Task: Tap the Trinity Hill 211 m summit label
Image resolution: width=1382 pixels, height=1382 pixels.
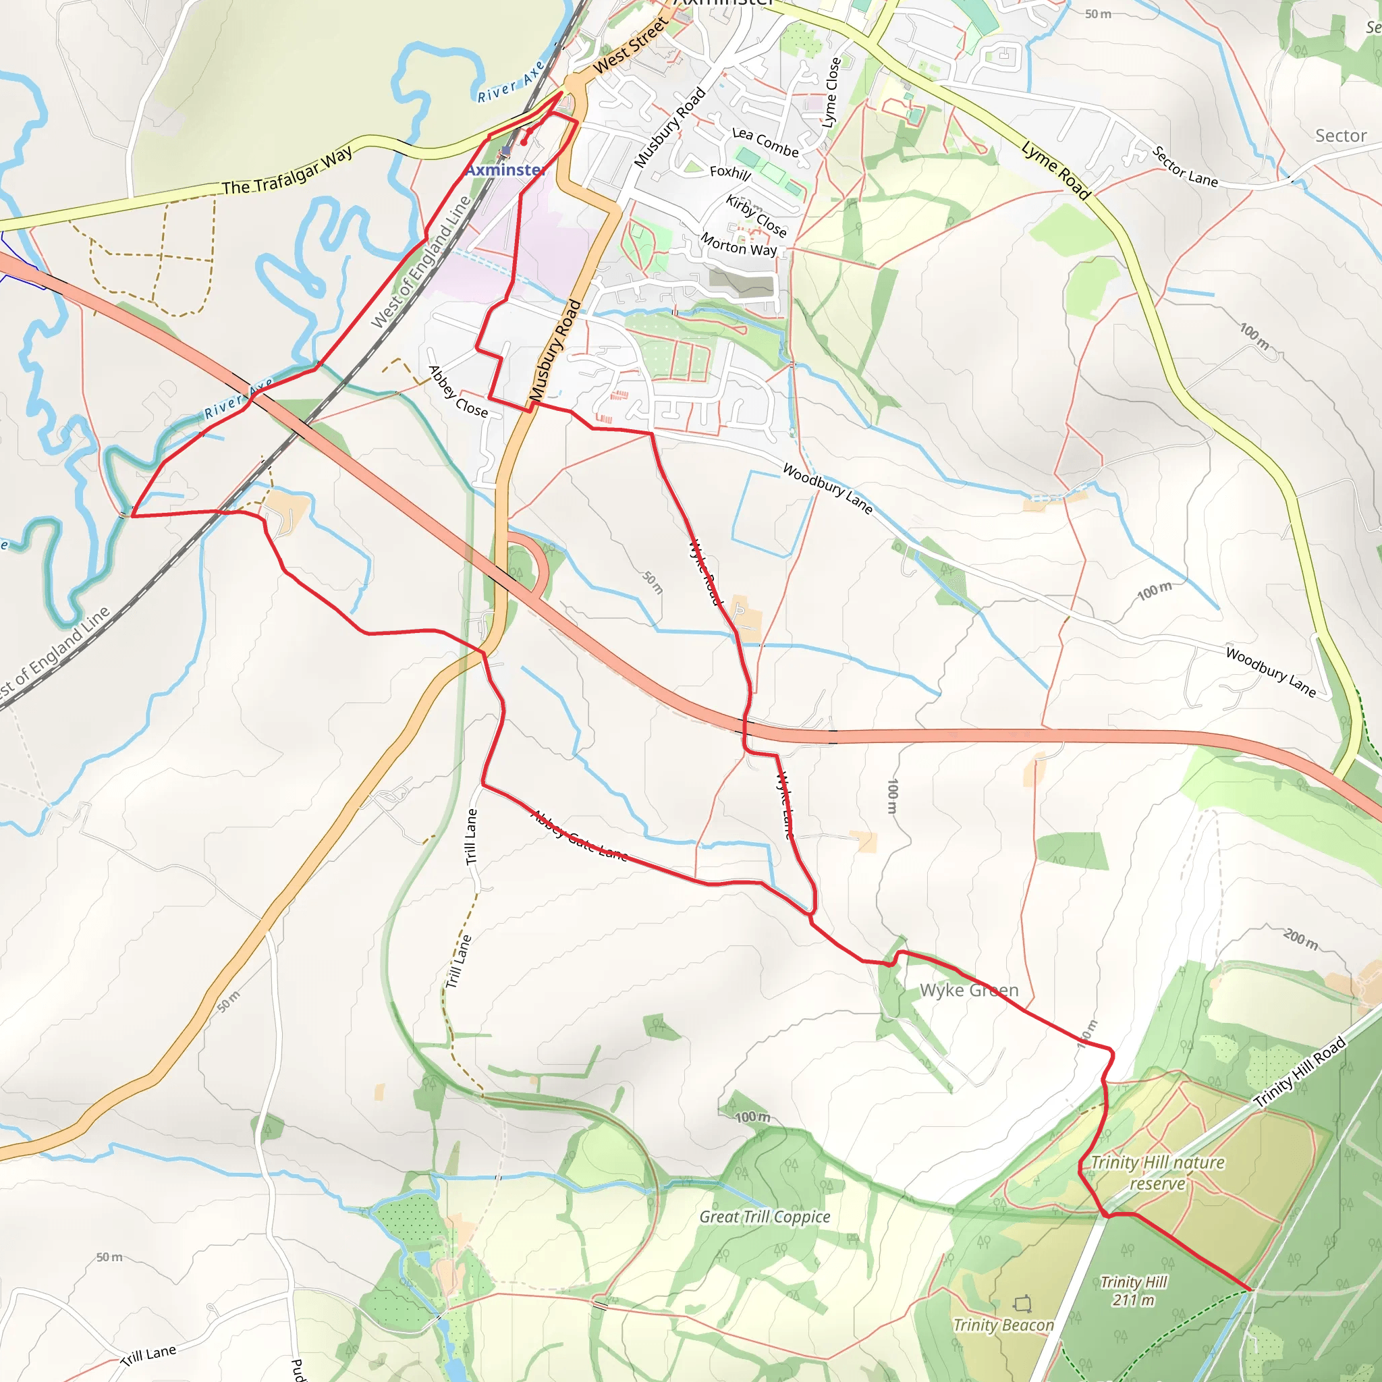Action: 1134,1291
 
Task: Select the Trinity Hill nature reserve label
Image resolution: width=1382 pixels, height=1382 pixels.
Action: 1157,1173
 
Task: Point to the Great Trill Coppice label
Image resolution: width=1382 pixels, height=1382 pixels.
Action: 765,1217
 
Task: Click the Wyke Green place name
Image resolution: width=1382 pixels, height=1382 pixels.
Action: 968,990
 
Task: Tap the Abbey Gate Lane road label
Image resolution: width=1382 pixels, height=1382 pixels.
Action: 580,835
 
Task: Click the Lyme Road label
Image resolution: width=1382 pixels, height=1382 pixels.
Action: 1056,170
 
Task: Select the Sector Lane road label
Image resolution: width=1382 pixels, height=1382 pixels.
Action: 1184,167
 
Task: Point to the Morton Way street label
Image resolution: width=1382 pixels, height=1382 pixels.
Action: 738,244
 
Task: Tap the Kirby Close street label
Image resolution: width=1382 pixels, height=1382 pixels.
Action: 756,215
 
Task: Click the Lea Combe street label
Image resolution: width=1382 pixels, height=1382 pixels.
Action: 765,142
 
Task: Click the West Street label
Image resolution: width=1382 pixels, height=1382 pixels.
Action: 630,45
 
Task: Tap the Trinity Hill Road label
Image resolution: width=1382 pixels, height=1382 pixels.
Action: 1300,1072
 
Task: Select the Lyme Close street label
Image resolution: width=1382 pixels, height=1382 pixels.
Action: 831,92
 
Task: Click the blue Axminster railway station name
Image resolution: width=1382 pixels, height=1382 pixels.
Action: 505,169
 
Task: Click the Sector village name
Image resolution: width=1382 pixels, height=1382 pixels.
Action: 1341,135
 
